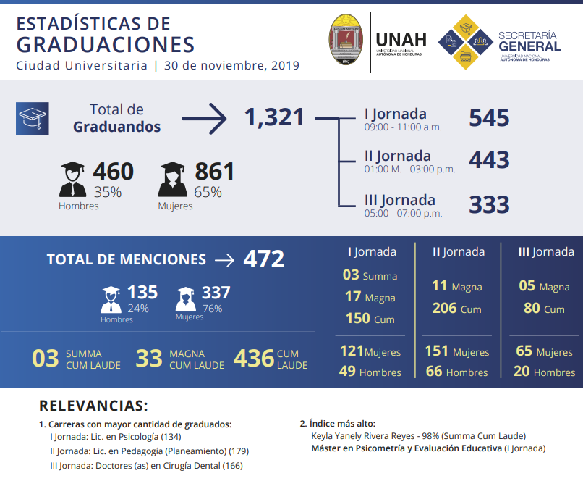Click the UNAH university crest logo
click(346, 41)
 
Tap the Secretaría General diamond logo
click(467, 41)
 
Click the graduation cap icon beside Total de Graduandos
click(32, 118)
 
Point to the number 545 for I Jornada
click(489, 118)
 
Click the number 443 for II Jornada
click(489, 160)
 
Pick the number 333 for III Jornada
click(489, 205)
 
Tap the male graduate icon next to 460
click(72, 180)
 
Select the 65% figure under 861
click(208, 193)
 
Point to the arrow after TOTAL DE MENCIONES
click(225, 260)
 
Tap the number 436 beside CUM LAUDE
click(253, 359)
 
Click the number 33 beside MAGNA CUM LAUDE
click(149, 359)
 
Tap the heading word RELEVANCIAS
click(93, 406)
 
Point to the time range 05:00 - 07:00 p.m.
click(403, 213)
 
